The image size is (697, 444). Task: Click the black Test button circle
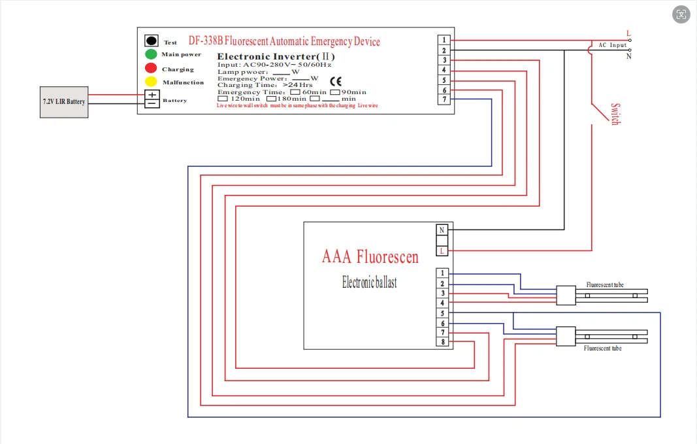pos(152,41)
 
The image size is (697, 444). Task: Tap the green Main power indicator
pos(151,54)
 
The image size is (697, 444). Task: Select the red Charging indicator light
pos(151,68)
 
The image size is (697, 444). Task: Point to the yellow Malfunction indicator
pos(151,82)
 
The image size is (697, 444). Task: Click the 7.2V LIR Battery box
pos(64,101)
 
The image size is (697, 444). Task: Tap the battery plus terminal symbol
pos(152,95)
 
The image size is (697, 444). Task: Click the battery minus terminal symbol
pos(152,103)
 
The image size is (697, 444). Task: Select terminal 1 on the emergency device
pos(444,40)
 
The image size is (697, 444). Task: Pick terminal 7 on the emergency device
pos(444,99)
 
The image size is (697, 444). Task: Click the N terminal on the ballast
pos(442,230)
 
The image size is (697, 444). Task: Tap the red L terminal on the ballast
pos(442,251)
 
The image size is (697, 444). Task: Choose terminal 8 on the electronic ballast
pos(442,342)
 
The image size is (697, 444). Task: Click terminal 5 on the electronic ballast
pos(442,313)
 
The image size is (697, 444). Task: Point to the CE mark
pos(335,82)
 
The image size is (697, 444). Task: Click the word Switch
pos(615,114)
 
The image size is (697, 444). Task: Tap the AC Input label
pos(612,45)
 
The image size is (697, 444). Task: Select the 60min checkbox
pos(295,92)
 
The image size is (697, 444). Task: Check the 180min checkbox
pos(271,99)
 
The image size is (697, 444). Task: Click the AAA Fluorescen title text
pos(370,256)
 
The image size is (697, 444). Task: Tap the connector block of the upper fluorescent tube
pos(565,296)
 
